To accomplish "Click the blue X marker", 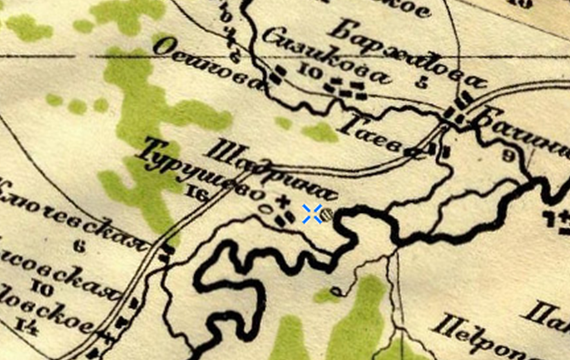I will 312,213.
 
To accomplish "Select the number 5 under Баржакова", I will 422,82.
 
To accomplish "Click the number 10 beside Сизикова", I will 311,73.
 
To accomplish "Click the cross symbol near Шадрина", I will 280,203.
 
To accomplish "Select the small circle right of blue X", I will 327,214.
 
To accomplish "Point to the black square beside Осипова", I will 275,75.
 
